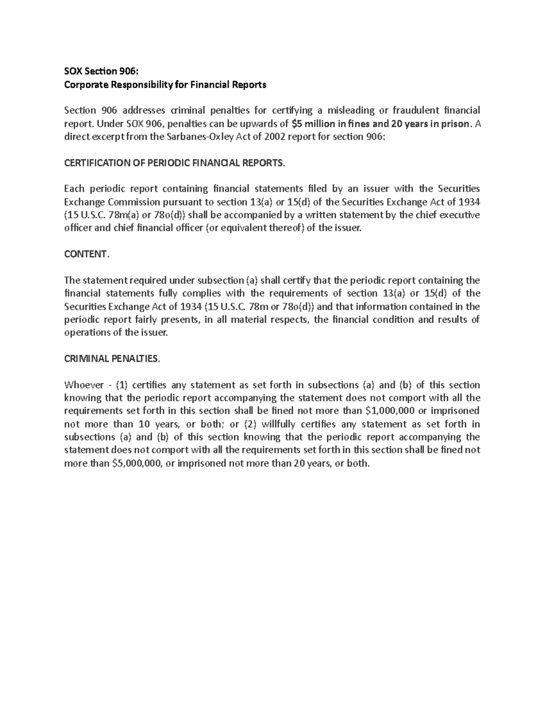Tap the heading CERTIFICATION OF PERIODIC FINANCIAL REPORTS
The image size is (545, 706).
[x=175, y=163]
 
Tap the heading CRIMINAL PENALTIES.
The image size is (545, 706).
[x=112, y=359]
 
